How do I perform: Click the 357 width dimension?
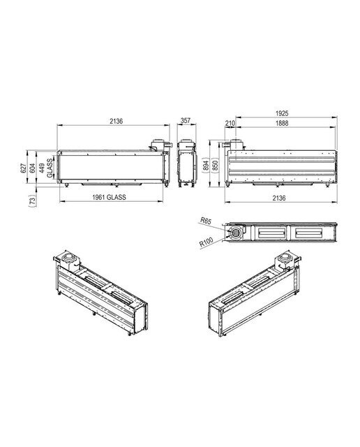coord(186,120)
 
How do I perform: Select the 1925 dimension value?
coord(282,113)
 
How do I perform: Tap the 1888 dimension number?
coord(282,123)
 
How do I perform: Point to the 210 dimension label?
coord(230,123)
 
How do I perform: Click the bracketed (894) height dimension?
coord(207,165)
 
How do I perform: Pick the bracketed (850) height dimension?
coord(215,165)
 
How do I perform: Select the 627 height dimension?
coord(23,168)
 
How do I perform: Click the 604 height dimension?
coord(33,168)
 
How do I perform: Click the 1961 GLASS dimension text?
coord(109,197)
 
